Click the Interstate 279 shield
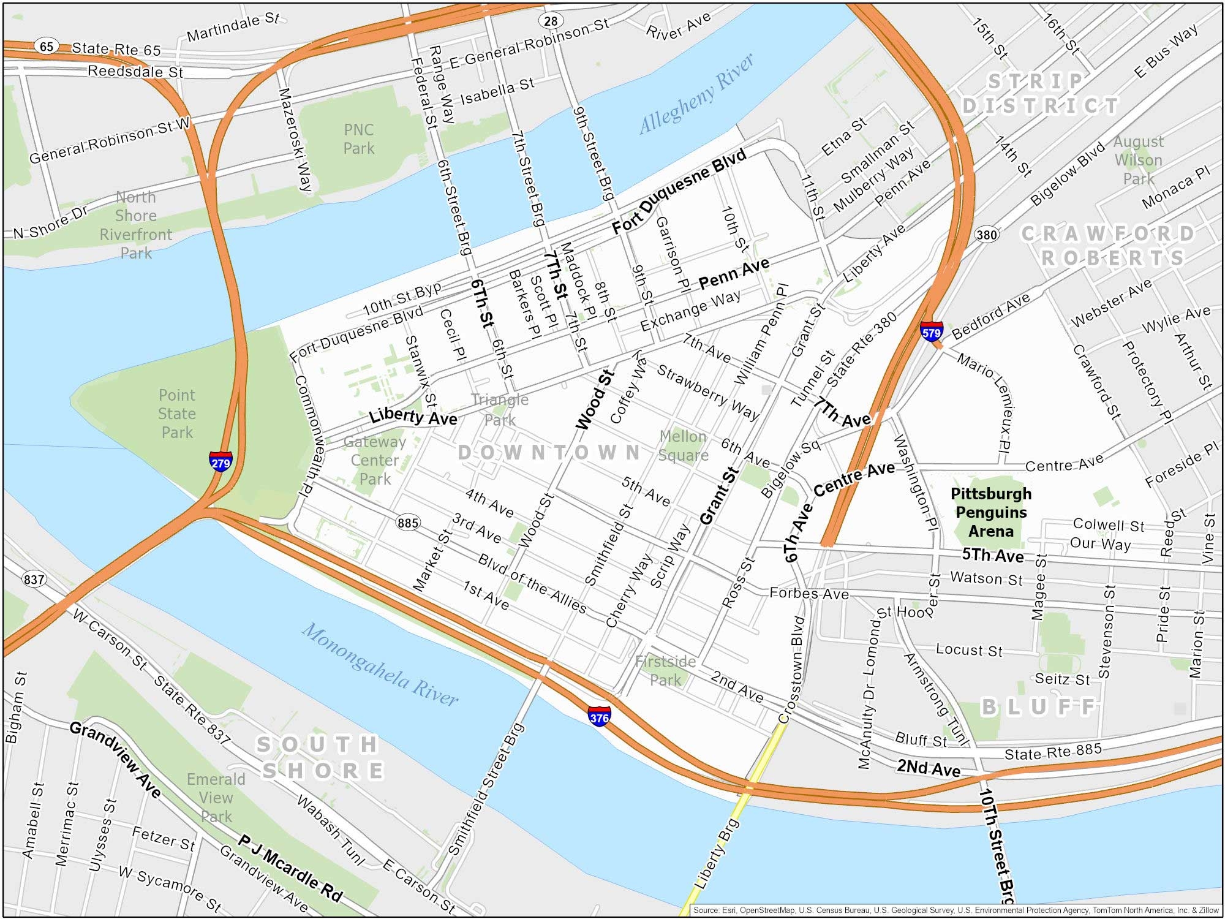(x=221, y=461)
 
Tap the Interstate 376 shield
(x=598, y=716)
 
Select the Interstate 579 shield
(x=931, y=331)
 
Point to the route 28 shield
(x=551, y=21)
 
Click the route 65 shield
(x=47, y=46)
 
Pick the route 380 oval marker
(x=986, y=235)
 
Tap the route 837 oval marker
(x=34, y=579)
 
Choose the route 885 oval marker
(x=408, y=523)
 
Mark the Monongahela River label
(x=380, y=665)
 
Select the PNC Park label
(x=358, y=139)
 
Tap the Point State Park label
(x=177, y=414)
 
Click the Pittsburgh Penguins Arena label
(x=990, y=512)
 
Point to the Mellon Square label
(x=683, y=445)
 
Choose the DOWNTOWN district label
(x=549, y=453)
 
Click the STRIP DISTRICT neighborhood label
(x=1040, y=94)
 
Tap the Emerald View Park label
(x=216, y=798)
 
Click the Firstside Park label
(x=665, y=671)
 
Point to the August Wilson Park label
(x=1138, y=160)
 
